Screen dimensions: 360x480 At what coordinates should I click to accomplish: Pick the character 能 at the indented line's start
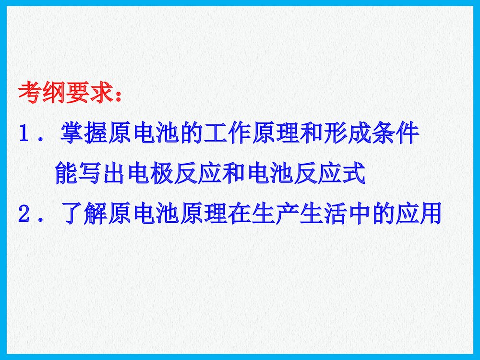click(67, 174)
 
